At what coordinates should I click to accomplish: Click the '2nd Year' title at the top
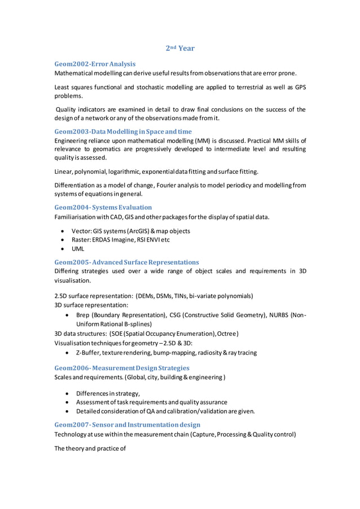tap(180, 48)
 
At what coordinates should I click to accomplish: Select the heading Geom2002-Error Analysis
tap(95, 64)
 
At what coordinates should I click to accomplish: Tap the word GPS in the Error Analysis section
tap(299, 87)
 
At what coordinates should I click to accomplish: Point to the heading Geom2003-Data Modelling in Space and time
tap(123, 131)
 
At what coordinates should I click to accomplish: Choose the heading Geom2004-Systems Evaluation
tap(103, 207)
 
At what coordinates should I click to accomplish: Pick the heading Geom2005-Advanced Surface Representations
tap(126, 262)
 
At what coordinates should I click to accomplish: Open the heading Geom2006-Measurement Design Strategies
tap(122, 368)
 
